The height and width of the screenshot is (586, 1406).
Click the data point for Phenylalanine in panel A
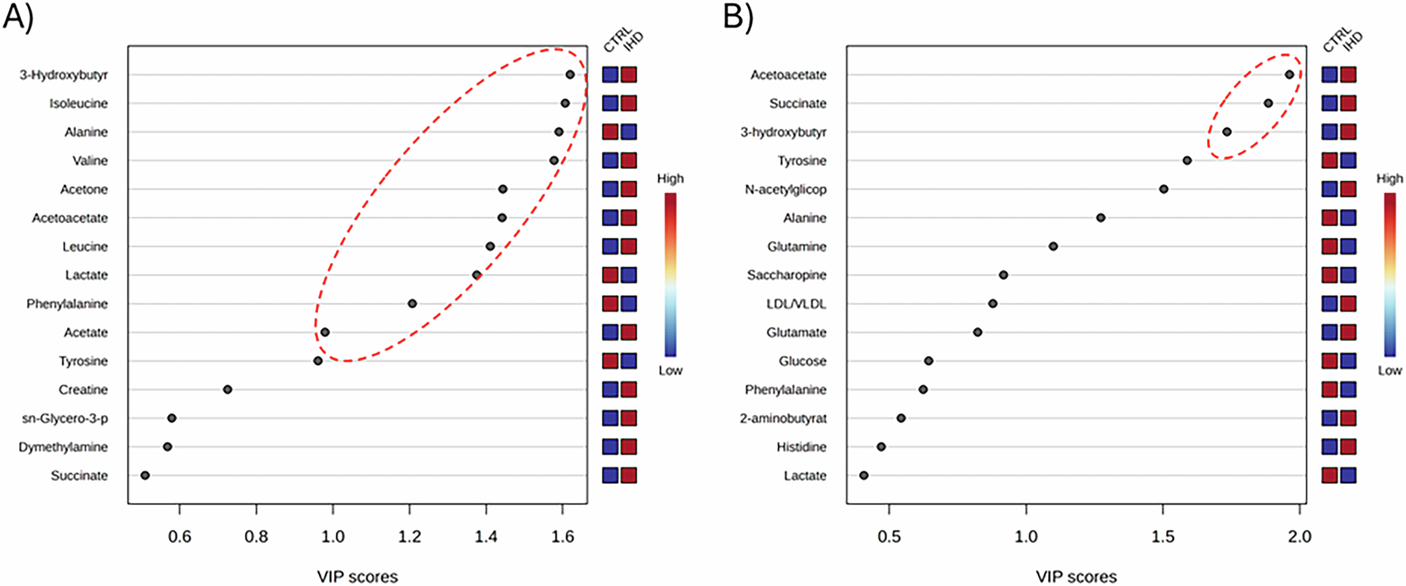tap(412, 304)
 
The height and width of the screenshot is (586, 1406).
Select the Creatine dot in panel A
tap(227, 390)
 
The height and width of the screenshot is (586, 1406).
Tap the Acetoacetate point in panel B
tap(1289, 75)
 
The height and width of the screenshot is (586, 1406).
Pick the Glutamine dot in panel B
tap(1053, 246)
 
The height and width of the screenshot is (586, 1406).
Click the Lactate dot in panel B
tap(864, 476)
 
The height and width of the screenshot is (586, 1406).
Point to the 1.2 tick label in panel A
tap(409, 537)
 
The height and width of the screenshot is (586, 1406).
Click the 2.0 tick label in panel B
tap(1299, 537)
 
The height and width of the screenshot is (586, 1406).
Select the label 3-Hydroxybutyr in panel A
tap(63, 75)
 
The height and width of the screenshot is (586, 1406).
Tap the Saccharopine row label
tap(786, 275)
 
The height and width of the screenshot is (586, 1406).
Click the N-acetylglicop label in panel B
tap(785, 189)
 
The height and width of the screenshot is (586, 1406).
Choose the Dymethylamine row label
tap(63, 447)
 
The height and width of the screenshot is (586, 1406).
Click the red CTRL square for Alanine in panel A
tap(610, 132)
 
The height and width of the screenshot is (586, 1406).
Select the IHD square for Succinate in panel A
tap(628, 476)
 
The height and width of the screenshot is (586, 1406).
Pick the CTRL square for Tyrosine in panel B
tap(1329, 160)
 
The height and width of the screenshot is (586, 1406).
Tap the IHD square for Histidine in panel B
tap(1348, 447)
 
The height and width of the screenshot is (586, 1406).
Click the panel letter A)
tap(18, 17)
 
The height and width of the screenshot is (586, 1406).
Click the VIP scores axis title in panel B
tap(1076, 577)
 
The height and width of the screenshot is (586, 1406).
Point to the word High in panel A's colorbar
tap(670, 179)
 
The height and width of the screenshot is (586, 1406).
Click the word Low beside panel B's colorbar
tap(1389, 370)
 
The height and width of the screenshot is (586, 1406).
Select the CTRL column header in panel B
tap(1335, 40)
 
